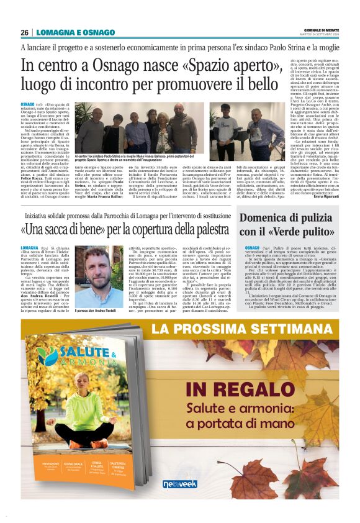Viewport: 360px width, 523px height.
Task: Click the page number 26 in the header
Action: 24,32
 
